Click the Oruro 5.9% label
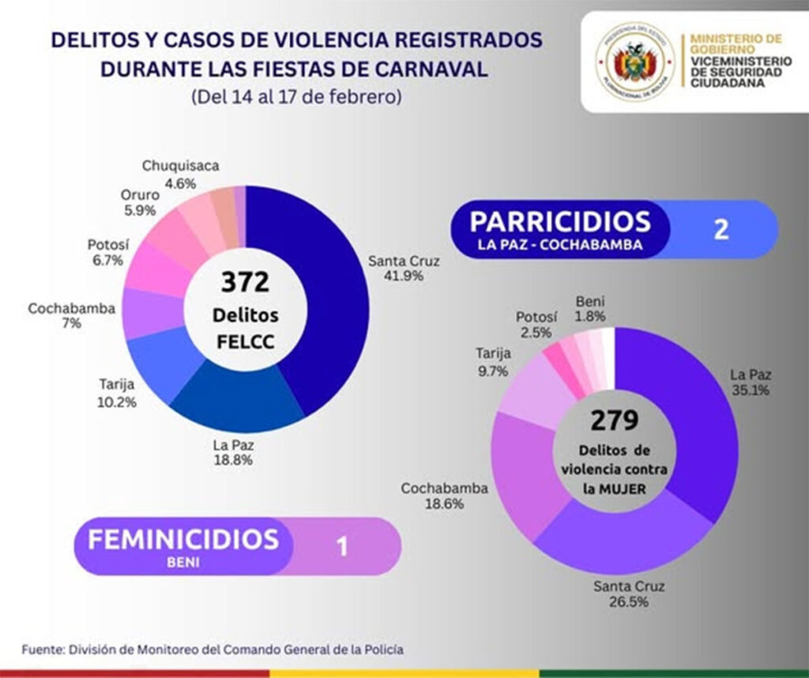[139, 203]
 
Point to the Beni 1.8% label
[590, 308]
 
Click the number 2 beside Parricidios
[721, 229]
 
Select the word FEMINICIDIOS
[182, 540]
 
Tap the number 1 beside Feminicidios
[343, 547]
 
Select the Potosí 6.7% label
[105, 250]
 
